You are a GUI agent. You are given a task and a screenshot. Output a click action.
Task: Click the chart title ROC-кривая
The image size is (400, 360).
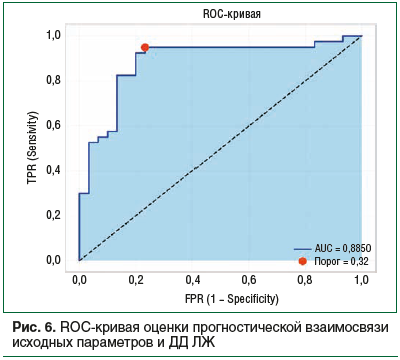tap(220, 14)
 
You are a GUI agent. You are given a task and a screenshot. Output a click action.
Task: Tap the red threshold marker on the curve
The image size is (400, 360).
tap(145, 47)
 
